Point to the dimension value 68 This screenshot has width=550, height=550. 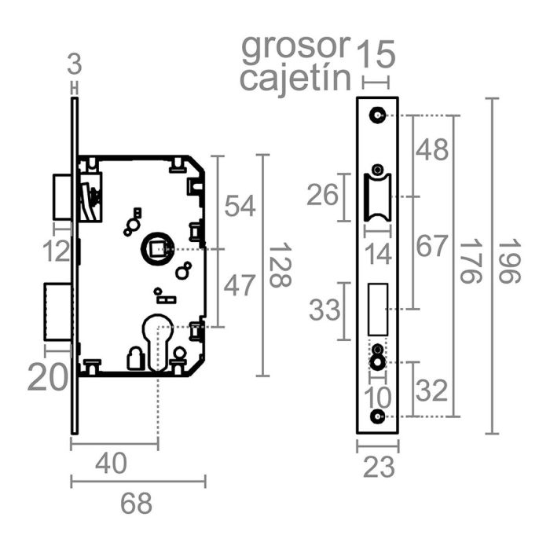[x=137, y=503]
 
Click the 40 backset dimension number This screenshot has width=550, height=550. [x=110, y=464]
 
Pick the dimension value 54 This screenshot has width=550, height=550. [x=240, y=206]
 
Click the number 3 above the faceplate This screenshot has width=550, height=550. [x=75, y=62]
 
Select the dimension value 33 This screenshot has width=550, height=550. [x=324, y=310]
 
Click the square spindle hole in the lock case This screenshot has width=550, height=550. [x=154, y=249]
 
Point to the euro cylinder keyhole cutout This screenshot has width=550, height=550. [x=158, y=336]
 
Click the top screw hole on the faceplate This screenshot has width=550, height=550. [x=379, y=115]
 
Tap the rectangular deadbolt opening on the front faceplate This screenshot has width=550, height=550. [x=379, y=308]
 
